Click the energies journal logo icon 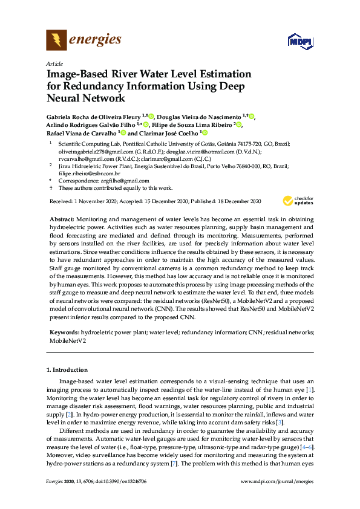click(56, 40)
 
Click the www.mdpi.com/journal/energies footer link click(277, 481)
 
